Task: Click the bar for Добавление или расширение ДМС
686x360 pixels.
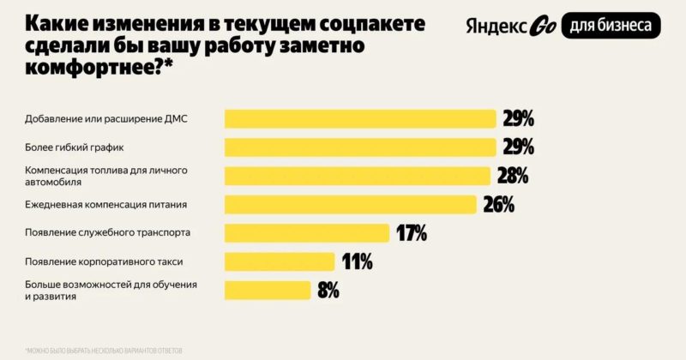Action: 360,118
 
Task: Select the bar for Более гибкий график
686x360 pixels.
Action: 360,147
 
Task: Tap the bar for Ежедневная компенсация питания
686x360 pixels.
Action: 350,204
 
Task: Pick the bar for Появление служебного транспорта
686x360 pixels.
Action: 307,232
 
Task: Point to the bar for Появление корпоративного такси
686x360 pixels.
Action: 280,261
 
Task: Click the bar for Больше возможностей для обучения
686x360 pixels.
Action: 268,290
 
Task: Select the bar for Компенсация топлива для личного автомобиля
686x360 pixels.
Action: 357,176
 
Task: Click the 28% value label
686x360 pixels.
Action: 512,176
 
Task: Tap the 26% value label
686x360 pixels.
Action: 498,204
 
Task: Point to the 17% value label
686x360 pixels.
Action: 411,232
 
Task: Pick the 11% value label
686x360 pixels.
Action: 356,261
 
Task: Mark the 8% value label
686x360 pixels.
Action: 328,290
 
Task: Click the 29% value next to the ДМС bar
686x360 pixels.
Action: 518,118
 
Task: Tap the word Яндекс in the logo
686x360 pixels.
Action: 495,26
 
